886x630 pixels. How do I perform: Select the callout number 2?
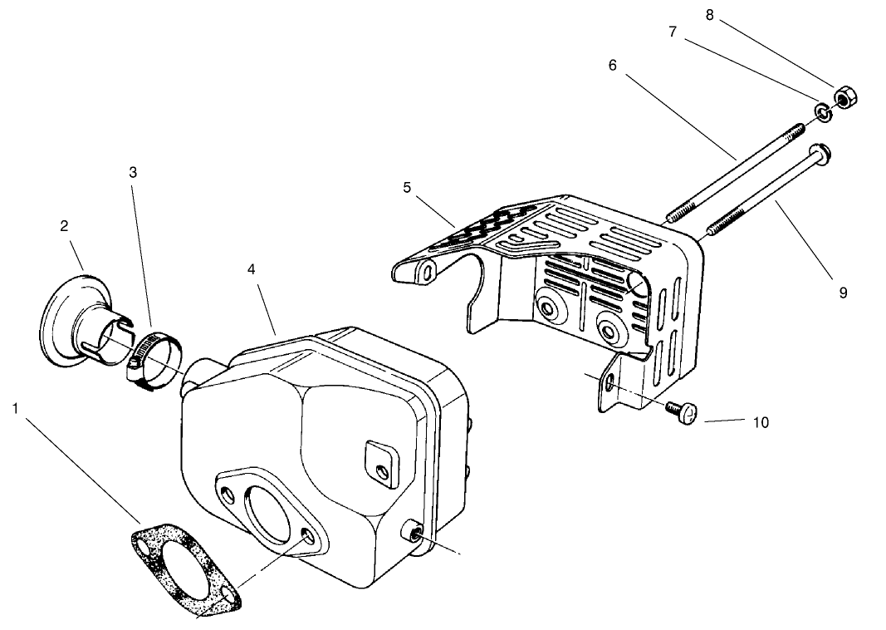(64, 225)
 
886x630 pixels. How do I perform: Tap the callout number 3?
(133, 172)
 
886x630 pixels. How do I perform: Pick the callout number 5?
(407, 188)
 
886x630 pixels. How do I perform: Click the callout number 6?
(613, 64)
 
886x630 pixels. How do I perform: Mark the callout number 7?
(673, 32)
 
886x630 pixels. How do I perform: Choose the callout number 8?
(709, 14)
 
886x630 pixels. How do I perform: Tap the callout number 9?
(843, 293)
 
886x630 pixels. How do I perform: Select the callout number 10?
(761, 422)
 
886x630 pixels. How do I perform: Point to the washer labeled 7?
(821, 112)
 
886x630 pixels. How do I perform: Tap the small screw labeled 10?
(683, 411)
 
